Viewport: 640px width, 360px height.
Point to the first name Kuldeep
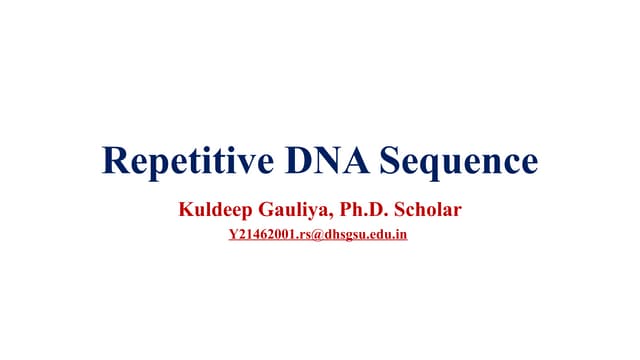pyautogui.click(x=212, y=211)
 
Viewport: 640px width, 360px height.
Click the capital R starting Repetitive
pyautogui.click(x=116, y=161)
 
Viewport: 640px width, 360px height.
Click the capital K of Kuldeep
pyautogui.click(x=184, y=211)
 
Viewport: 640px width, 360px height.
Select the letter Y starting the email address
pyautogui.click(x=235, y=237)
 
